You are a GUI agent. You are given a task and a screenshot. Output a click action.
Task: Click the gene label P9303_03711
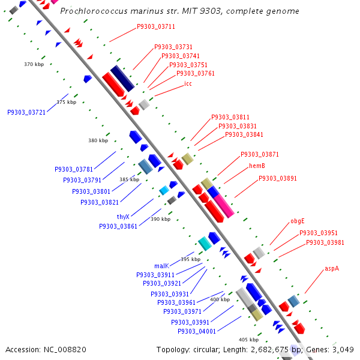coord(156,26)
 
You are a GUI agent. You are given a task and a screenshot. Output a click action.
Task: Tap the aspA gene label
coord(332,268)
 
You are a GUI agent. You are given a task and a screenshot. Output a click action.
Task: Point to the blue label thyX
coord(123,217)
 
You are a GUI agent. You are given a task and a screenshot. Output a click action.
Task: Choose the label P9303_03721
coord(26,112)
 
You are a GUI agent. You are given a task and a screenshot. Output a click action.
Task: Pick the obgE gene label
coord(298,221)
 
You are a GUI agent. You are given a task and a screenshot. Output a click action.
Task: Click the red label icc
coord(188,83)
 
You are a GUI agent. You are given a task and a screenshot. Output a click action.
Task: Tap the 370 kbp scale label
coord(34,64)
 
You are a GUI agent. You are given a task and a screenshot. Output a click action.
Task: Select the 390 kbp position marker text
coord(160,220)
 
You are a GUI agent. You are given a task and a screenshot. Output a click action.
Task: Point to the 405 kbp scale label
coord(248,340)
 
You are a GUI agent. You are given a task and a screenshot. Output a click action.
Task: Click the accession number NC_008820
coord(46,349)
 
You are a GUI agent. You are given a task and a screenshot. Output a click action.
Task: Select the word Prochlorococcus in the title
coord(111,11)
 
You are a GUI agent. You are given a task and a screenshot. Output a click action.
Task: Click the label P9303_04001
coord(197,331)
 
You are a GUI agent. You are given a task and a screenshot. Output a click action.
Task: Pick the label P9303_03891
coord(277,178)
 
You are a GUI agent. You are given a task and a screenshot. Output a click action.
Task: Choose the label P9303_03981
coord(325,242)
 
